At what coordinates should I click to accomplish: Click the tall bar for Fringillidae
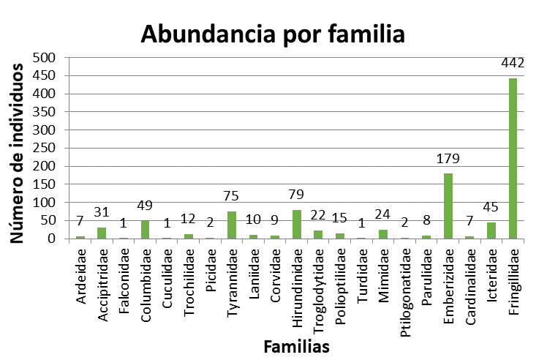click(513, 158)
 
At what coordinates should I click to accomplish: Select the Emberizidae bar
click(448, 206)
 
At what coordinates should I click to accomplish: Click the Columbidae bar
click(145, 229)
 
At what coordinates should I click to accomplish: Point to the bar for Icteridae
click(491, 230)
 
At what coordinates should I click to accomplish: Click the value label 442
click(513, 64)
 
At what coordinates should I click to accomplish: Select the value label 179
click(448, 159)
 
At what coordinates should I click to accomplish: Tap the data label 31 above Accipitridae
click(102, 213)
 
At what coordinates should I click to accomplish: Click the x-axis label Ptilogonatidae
click(405, 282)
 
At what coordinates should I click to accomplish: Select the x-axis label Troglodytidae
click(319, 281)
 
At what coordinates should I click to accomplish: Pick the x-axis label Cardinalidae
click(469, 276)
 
